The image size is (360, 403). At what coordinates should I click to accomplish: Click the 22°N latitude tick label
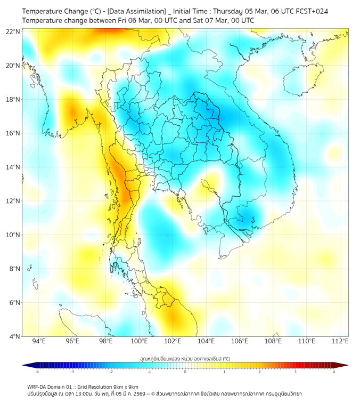click(13, 32)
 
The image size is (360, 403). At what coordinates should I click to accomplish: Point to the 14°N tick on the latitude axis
click(13, 167)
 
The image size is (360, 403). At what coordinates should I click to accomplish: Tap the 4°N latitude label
click(14, 336)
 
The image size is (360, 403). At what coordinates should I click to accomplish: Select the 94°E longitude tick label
click(39, 341)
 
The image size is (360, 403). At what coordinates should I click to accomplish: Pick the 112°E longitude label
click(340, 341)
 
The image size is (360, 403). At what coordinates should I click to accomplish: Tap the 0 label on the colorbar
click(185, 372)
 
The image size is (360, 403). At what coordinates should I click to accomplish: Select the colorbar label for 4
click(334, 372)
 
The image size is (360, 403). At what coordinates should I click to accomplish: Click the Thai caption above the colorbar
click(185, 358)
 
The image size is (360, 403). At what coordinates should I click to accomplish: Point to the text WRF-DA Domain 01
click(51, 386)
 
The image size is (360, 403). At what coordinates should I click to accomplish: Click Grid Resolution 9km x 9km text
click(111, 386)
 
